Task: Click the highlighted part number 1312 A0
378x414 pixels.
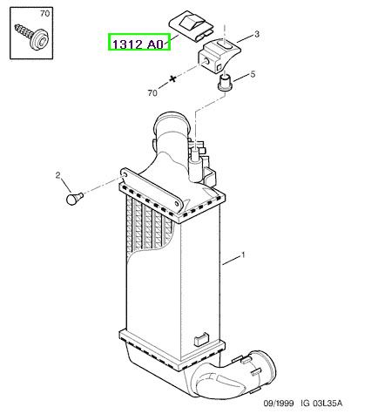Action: pyautogui.click(x=139, y=44)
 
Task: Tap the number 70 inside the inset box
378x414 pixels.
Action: pyautogui.click(x=44, y=14)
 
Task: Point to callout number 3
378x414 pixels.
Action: pyautogui.click(x=257, y=34)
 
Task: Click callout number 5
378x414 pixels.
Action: pyautogui.click(x=253, y=74)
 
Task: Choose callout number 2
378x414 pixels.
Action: pyautogui.click(x=58, y=175)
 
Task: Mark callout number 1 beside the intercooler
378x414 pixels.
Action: pyautogui.click(x=243, y=255)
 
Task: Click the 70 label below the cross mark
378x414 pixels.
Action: pyautogui.click(x=152, y=93)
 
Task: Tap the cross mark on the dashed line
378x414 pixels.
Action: pyautogui.click(x=173, y=78)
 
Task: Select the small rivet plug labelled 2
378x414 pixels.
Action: pyautogui.click(x=75, y=199)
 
